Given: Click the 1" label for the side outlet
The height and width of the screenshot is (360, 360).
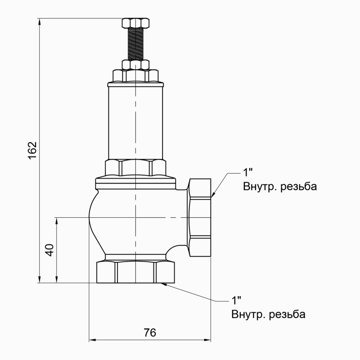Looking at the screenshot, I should [x=248, y=172].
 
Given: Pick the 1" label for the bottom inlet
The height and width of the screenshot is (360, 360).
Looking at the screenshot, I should [x=236, y=300].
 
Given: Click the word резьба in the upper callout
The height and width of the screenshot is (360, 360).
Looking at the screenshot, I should [x=298, y=186].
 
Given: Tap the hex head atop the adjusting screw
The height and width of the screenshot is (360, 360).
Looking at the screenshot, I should [x=135, y=22].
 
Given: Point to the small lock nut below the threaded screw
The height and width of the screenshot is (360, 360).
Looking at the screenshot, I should [x=135, y=65].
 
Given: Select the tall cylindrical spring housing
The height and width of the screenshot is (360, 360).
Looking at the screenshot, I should [x=135, y=121].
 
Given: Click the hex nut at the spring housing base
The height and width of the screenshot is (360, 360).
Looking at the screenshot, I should [x=135, y=167].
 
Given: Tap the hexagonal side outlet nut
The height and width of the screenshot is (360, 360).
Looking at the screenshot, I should [x=199, y=217].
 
